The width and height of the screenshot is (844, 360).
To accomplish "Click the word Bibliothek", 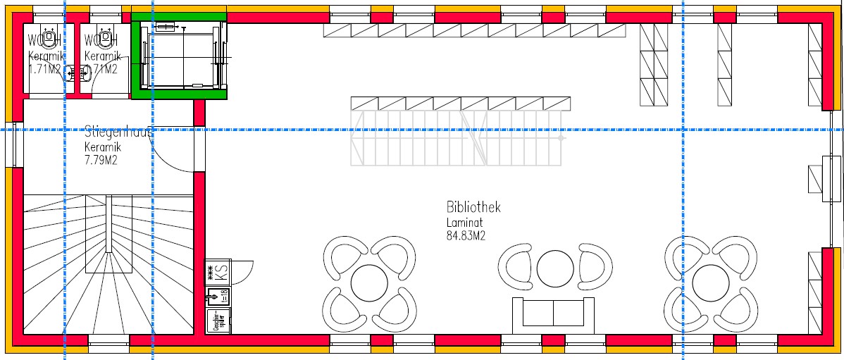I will click(473, 207).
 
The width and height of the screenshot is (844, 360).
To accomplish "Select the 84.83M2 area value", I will click(466, 236).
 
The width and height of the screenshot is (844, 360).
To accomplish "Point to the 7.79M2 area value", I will click(101, 160).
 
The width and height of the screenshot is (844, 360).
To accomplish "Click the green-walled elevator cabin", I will click(182, 55).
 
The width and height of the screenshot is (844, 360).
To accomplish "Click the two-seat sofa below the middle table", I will click(553, 312).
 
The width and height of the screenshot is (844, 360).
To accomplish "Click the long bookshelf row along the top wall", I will click(474, 30).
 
